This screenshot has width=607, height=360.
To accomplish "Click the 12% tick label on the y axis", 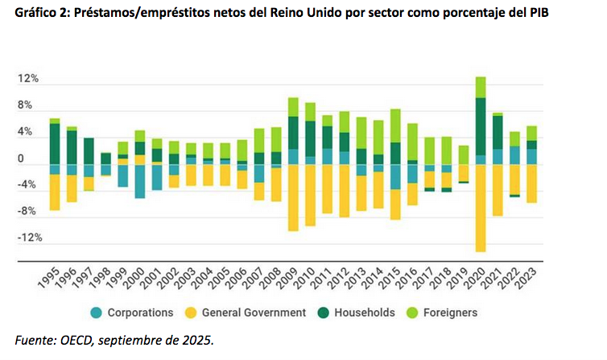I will pos(28,79).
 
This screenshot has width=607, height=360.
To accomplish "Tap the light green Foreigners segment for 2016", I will pos(412,142).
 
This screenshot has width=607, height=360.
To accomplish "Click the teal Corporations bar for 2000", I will pos(140,181).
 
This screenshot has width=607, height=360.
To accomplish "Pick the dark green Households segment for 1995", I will pos(55,143).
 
